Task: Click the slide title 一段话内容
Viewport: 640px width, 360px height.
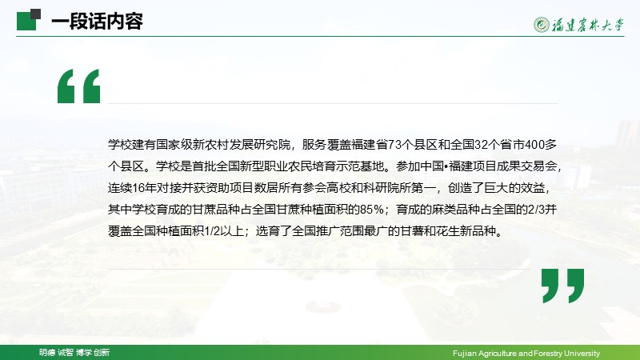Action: pos(97,22)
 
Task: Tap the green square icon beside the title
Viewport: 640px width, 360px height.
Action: pos(29,19)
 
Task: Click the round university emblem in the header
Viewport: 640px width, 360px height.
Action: pos(542,25)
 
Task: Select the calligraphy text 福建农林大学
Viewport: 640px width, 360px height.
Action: pos(588,25)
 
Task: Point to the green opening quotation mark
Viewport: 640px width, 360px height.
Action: pos(78,86)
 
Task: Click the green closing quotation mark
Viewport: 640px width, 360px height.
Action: pos(563,286)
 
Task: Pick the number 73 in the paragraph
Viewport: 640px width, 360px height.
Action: pos(394,145)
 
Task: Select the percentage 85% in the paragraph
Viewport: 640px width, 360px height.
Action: pos(372,210)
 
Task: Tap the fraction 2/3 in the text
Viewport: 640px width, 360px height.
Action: pos(537,210)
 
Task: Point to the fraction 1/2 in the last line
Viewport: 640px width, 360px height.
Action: pos(212,231)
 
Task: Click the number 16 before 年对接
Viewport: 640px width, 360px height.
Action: pos(138,188)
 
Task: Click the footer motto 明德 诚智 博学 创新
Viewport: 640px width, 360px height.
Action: pos(74,352)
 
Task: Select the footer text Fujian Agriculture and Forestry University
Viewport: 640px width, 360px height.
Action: pos(526,353)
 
